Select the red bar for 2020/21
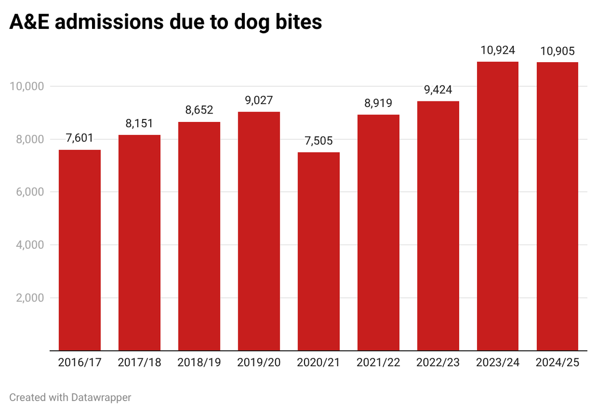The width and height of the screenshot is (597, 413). [318, 251]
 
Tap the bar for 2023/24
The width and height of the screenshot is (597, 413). [497, 206]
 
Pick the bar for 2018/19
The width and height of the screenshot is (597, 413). [199, 236]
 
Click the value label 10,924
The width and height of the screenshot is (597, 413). [497, 50]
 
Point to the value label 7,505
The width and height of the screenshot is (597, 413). [318, 141]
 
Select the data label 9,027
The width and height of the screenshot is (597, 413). [259, 101]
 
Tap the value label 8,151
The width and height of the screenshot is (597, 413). [139, 123]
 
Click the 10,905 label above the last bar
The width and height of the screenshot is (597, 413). [557, 51]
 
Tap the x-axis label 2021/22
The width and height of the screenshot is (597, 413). [378, 363]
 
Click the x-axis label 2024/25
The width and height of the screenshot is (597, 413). [557, 363]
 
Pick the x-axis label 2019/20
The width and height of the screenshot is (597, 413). [259, 363]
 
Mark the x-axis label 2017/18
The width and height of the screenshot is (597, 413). [139, 363]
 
